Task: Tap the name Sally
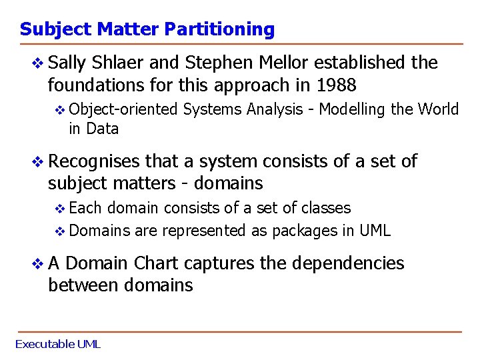(67, 63)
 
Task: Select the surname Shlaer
(118, 63)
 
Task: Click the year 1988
(337, 85)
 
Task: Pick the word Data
(103, 129)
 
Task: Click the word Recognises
(94, 161)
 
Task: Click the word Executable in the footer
(45, 344)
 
